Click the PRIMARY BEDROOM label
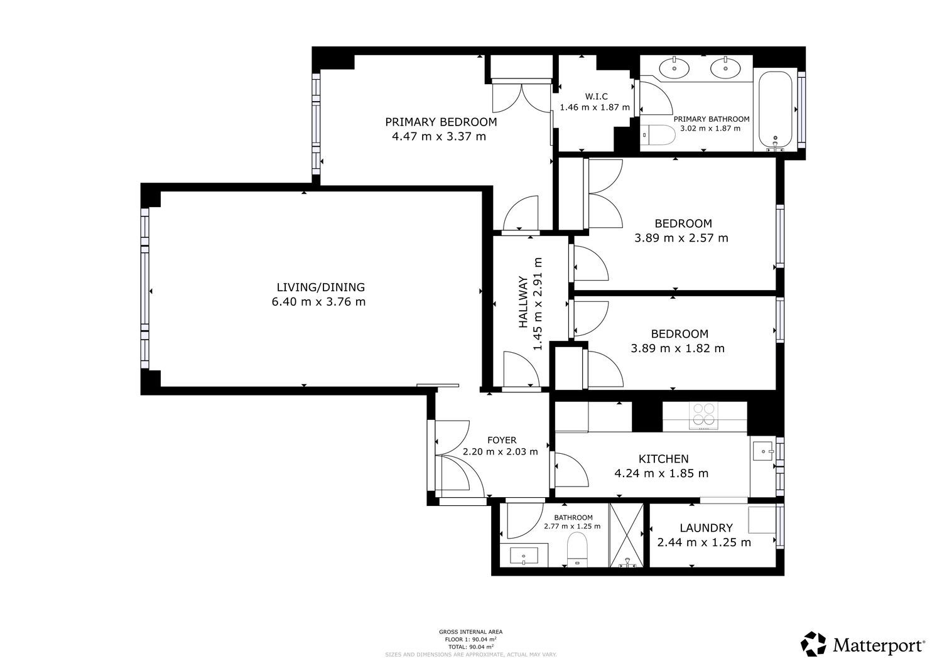tap(441, 122)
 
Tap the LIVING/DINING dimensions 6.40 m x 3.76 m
tap(318, 302)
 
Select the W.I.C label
tap(597, 96)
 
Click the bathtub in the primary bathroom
tap(775, 109)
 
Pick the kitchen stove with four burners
tap(703, 416)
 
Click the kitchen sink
tap(763, 451)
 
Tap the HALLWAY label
tap(522, 302)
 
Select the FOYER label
tap(502, 440)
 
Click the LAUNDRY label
tap(706, 528)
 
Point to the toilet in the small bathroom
tap(577, 550)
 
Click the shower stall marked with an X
tap(627, 535)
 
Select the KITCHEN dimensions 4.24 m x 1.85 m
tap(661, 473)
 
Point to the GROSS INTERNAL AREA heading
tap(470, 631)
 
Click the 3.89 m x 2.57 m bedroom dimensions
tap(681, 238)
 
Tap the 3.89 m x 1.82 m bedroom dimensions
tap(678, 348)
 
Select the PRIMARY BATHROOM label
tap(712, 119)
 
